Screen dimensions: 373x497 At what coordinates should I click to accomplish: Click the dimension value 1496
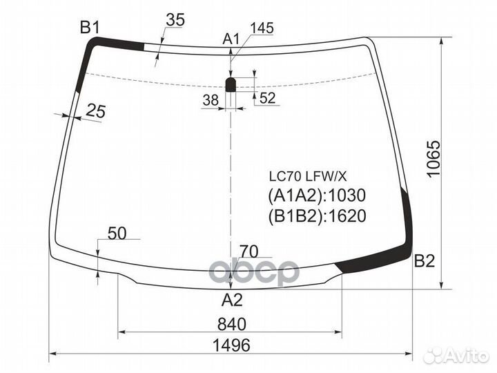point(231,345)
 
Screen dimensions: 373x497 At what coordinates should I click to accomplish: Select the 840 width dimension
point(231,323)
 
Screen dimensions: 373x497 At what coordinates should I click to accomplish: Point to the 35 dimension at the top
point(175,20)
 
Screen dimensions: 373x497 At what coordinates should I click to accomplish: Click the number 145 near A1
point(262,28)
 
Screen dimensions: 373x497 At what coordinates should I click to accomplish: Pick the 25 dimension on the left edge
point(96,110)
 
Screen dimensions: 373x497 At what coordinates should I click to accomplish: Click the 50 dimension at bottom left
point(117,233)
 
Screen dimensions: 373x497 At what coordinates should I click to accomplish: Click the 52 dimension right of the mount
point(268,98)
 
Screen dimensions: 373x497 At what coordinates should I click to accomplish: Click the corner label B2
point(425,261)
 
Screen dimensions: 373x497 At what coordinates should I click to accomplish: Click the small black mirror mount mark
point(232,84)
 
